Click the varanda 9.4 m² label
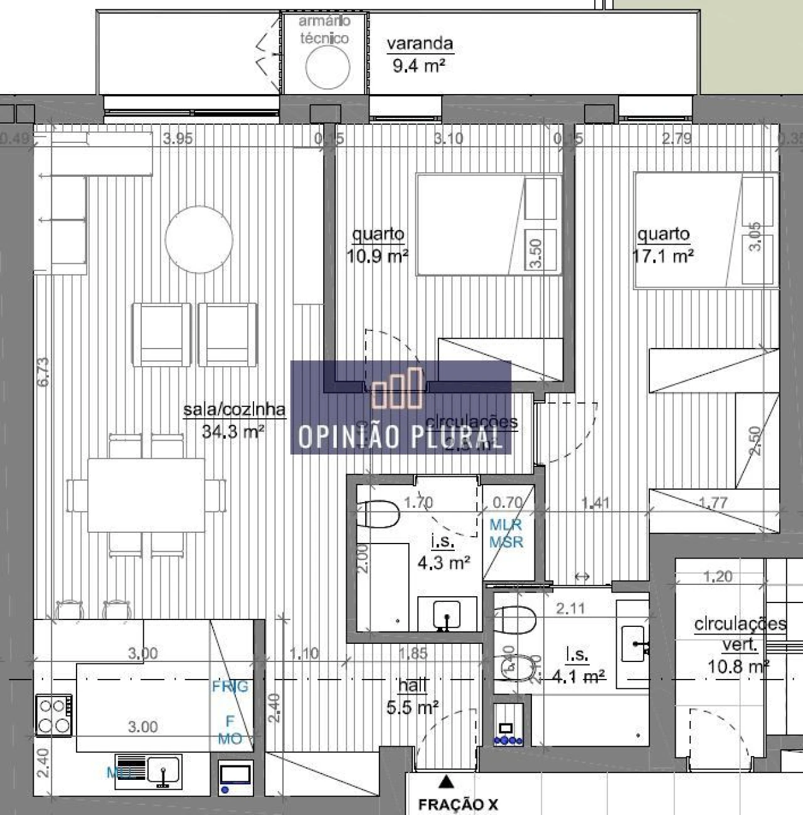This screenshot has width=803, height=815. tap(419, 54)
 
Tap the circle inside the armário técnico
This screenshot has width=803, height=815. tap(327, 67)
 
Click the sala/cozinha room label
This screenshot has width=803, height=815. tap(233, 420)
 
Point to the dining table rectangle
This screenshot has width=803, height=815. tap(146, 495)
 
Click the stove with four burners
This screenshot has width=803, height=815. tap(54, 715)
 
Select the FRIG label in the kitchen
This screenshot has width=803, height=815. tap(230, 686)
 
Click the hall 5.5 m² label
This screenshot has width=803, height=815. tap(412, 697)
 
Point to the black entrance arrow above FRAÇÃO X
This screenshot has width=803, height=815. tap(446, 781)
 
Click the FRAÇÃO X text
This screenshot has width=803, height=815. tap(458, 804)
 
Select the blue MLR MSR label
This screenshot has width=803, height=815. tap(506, 534)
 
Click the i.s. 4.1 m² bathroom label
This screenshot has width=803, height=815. tap(578, 665)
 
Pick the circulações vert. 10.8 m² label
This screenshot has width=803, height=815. tap(740, 644)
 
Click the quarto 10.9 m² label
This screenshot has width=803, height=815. tap(378, 245)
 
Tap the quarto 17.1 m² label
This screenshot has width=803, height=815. tap(664, 245)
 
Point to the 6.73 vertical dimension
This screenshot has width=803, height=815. tap(43, 371)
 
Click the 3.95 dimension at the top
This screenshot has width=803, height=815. tap(178, 139)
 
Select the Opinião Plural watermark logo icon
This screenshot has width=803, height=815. tap(398, 389)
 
